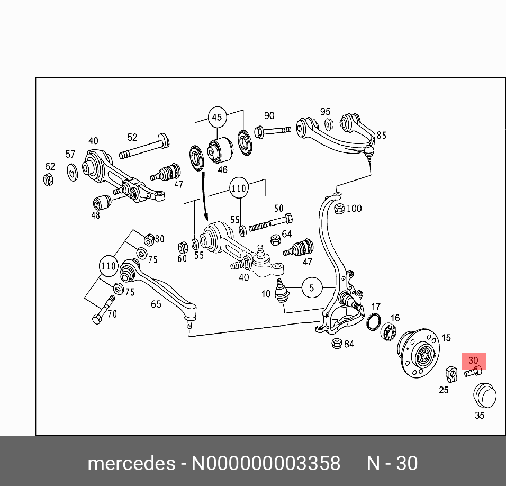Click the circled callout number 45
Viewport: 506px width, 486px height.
point(218,118)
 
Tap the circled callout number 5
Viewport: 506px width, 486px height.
point(312,288)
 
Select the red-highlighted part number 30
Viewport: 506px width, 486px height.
point(474,361)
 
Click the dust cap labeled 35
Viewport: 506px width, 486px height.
point(484,397)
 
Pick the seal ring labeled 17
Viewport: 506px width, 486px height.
point(374,321)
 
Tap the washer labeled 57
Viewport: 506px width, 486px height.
point(71,171)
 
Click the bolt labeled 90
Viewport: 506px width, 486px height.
point(272,130)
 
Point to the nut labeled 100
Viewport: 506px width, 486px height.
point(339,209)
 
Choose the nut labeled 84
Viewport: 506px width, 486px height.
point(335,344)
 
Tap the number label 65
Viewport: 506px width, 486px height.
point(156,304)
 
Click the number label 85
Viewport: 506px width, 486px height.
point(381,136)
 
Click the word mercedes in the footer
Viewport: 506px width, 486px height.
point(131,464)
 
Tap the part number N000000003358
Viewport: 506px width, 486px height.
point(266,464)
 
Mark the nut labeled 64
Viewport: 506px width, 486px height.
point(275,239)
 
